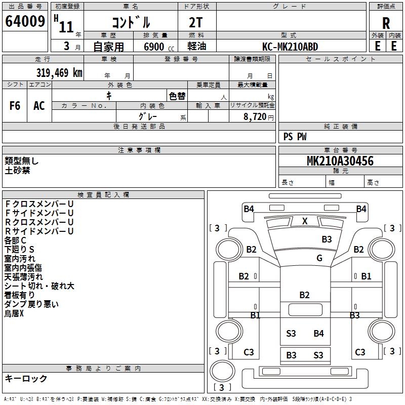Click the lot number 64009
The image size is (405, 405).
click(x=25, y=21)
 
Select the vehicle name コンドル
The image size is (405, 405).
click(x=131, y=22)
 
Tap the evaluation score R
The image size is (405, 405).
click(x=386, y=23)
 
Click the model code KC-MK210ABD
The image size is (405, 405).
click(x=291, y=47)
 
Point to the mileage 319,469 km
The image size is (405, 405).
click(x=59, y=73)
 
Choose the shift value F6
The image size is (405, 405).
click(x=15, y=106)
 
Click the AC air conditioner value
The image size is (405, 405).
click(x=39, y=106)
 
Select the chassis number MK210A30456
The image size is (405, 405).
click(x=340, y=161)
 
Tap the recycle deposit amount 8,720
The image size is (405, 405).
click(x=255, y=116)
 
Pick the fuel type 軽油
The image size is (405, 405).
click(x=196, y=47)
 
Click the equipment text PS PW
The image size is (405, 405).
click(x=295, y=137)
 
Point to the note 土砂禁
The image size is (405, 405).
click(x=17, y=171)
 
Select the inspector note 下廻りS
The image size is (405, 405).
click(x=20, y=249)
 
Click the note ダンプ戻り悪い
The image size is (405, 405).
click(x=31, y=304)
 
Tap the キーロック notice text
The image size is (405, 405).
click(x=26, y=378)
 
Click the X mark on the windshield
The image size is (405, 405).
click(x=305, y=221)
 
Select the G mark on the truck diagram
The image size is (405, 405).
click(x=319, y=258)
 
